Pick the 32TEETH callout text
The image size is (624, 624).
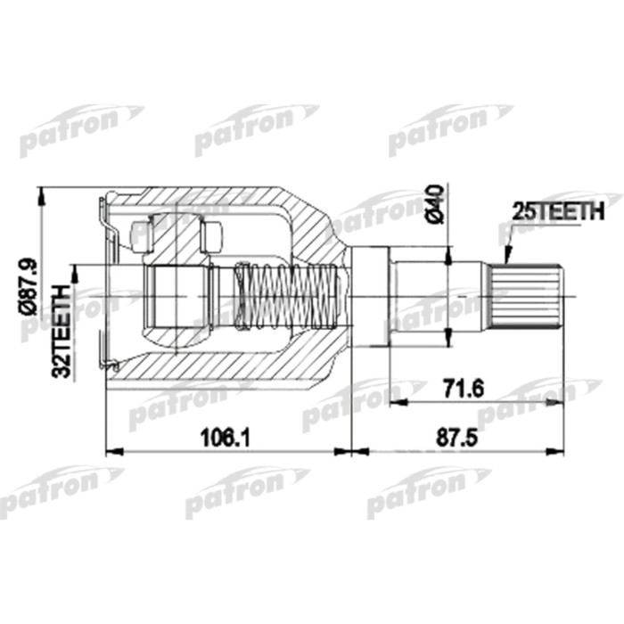click(x=62, y=333)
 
